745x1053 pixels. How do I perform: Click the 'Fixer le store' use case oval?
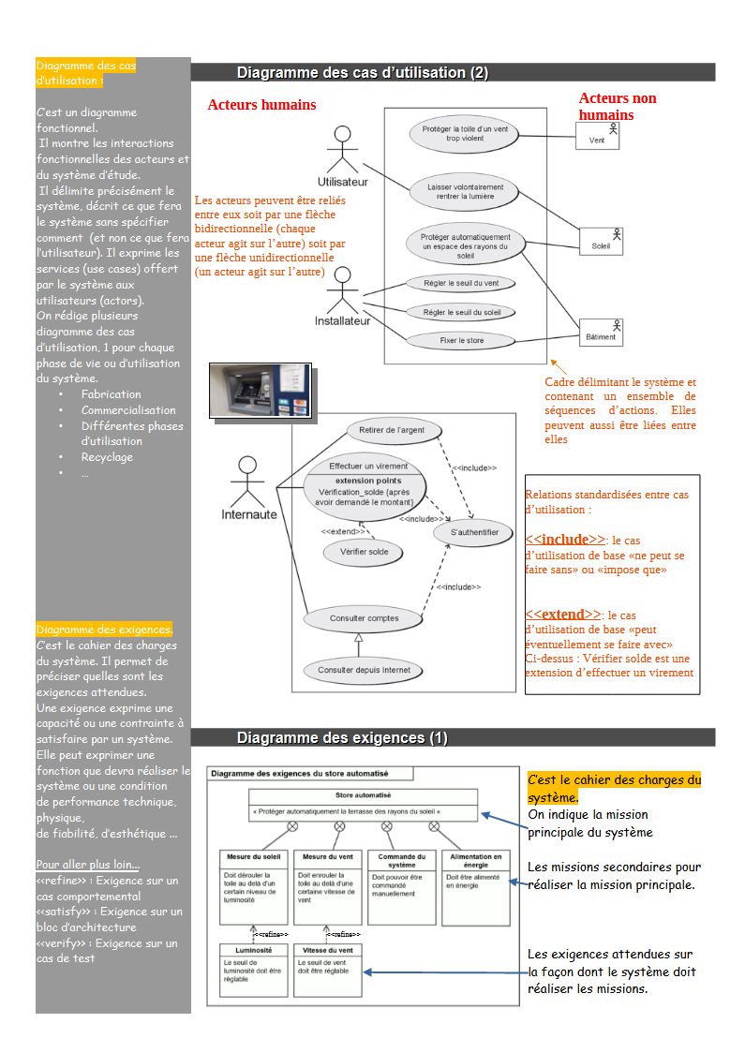(x=462, y=340)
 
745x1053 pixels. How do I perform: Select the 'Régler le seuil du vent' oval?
(x=461, y=283)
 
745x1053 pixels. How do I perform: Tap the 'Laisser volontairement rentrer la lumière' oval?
(x=465, y=192)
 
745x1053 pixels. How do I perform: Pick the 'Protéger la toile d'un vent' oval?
(x=465, y=133)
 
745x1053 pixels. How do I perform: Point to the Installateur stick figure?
(x=342, y=289)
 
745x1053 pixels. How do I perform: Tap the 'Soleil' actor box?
(x=602, y=243)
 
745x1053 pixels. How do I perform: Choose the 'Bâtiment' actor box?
(x=601, y=333)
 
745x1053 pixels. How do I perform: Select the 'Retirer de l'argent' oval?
(x=393, y=430)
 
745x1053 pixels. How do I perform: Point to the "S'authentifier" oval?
(x=472, y=532)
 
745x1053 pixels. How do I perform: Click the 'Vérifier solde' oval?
(x=365, y=552)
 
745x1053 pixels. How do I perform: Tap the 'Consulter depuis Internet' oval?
(x=364, y=670)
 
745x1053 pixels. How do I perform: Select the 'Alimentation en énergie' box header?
(x=476, y=860)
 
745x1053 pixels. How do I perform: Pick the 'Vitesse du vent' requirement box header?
(x=327, y=949)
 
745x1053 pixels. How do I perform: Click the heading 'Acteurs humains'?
(x=261, y=105)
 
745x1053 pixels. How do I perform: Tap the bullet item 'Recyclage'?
(x=107, y=457)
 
